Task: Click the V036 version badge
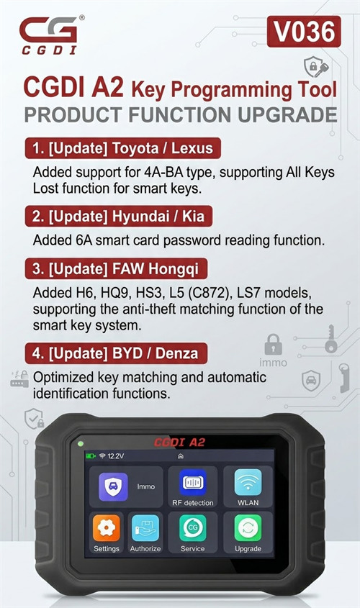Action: (303, 32)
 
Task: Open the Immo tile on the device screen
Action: (126, 486)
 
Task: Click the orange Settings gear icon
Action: (107, 528)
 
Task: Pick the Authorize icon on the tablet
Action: (145, 528)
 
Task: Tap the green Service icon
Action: (192, 528)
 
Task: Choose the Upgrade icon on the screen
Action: (248, 528)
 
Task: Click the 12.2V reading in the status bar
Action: (116, 456)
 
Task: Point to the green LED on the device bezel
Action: (81, 443)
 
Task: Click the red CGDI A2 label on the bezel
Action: (179, 442)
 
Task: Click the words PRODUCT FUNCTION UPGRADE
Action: (180, 114)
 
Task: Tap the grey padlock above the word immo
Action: (273, 342)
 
